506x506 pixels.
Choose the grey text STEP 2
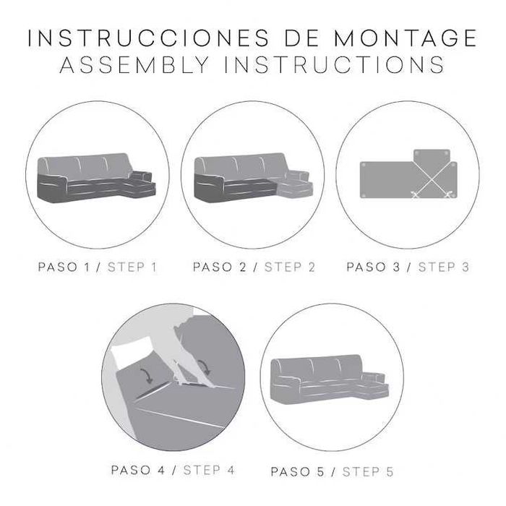tap(290, 267)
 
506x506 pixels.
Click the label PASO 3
tap(373, 267)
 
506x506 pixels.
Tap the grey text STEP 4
tap(209, 470)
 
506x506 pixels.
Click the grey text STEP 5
tap(369, 472)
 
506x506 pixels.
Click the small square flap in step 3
tap(432, 158)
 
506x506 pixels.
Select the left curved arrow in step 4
tap(147, 373)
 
